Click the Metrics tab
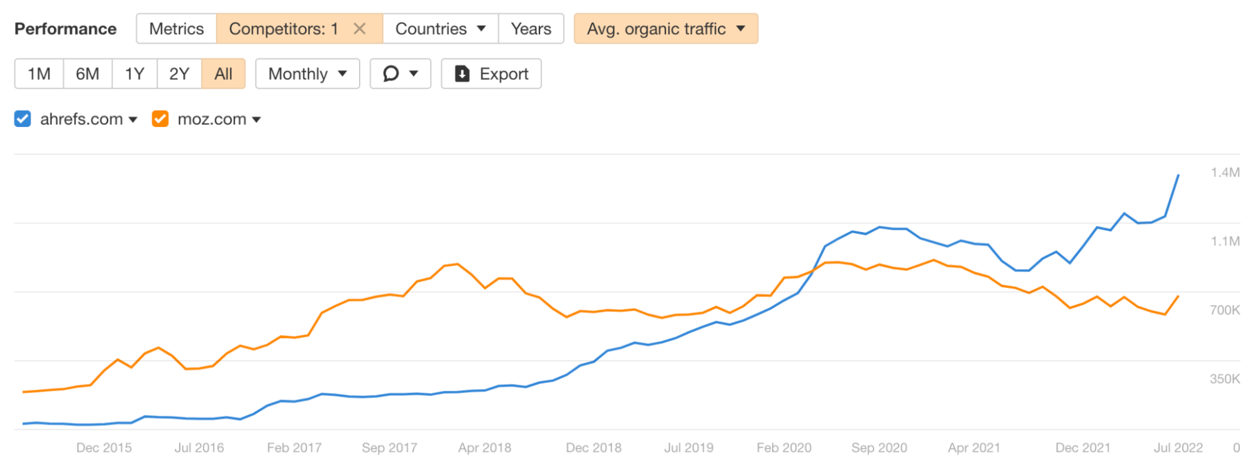click(x=176, y=29)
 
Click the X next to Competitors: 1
click(x=360, y=29)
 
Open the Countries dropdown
click(x=440, y=29)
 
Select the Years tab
click(x=531, y=29)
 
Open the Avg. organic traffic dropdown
click(x=665, y=29)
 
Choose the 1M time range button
click(x=39, y=74)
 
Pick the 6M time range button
click(x=87, y=74)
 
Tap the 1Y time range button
click(x=135, y=74)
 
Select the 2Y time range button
click(x=179, y=74)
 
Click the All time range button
click(x=223, y=74)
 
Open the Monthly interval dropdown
click(x=307, y=74)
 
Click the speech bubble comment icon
click(x=391, y=74)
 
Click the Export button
click(x=491, y=74)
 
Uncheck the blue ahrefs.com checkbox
click(x=23, y=119)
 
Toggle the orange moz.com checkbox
click(x=160, y=119)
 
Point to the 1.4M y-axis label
click(x=1225, y=172)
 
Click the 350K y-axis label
click(x=1224, y=378)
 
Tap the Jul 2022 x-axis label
click(x=1178, y=448)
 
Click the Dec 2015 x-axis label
click(x=104, y=448)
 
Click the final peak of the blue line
click(x=1178, y=175)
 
